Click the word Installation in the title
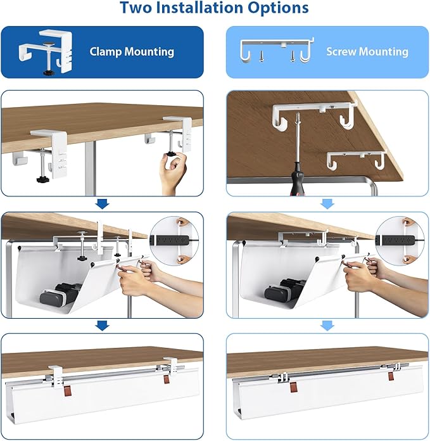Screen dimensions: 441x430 201,8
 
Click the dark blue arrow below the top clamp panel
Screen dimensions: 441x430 101,203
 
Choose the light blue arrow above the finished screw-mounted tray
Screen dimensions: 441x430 327,325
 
